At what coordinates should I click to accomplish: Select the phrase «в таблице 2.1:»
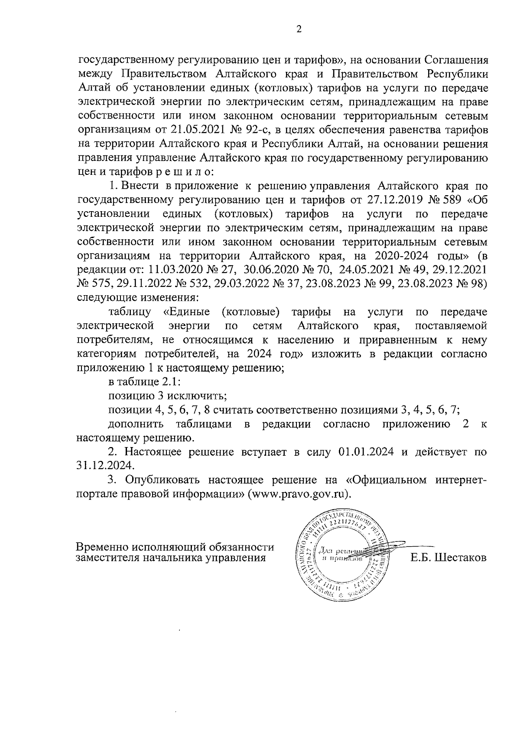pyautogui.click(x=143, y=383)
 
